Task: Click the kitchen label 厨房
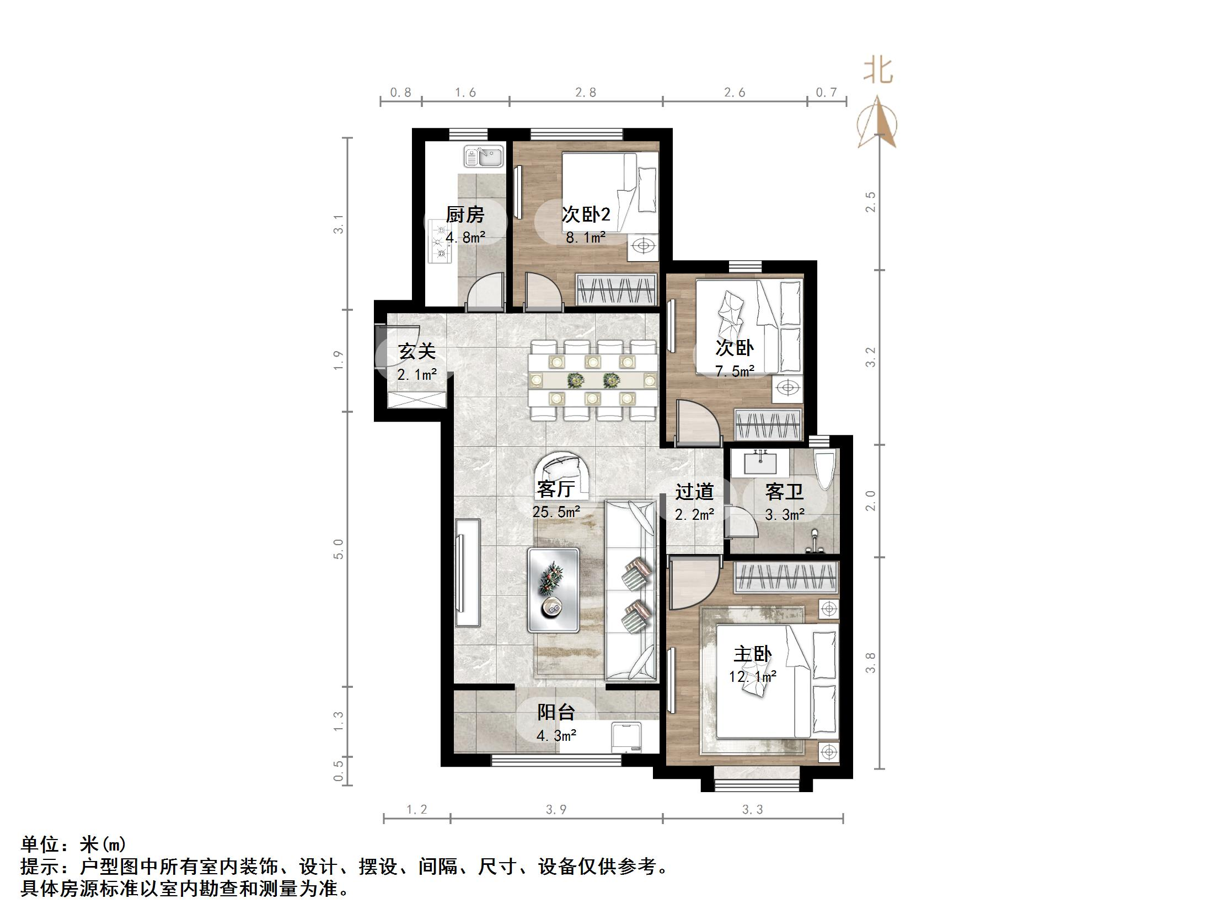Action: pyautogui.click(x=465, y=214)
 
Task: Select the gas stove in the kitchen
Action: pyautogui.click(x=442, y=242)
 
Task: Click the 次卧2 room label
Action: pyautogui.click(x=586, y=214)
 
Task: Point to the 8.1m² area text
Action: pyautogui.click(x=585, y=238)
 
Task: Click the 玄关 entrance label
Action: pyautogui.click(x=416, y=351)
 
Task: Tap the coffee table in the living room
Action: pyautogui.click(x=553, y=590)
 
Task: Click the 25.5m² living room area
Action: pyautogui.click(x=556, y=512)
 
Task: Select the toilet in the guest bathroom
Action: pyautogui.click(x=825, y=469)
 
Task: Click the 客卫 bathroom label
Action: pyautogui.click(x=784, y=491)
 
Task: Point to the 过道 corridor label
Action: pyautogui.click(x=694, y=491)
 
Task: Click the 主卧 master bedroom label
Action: pyautogui.click(x=753, y=654)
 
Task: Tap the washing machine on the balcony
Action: pyautogui.click(x=627, y=737)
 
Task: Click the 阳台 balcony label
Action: pyautogui.click(x=556, y=712)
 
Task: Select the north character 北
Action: pyautogui.click(x=878, y=71)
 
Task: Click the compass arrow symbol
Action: pyautogui.click(x=877, y=123)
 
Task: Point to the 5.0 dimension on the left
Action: pyautogui.click(x=339, y=549)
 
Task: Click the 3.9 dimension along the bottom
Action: pyautogui.click(x=556, y=810)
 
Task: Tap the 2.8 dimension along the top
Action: pyautogui.click(x=585, y=93)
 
